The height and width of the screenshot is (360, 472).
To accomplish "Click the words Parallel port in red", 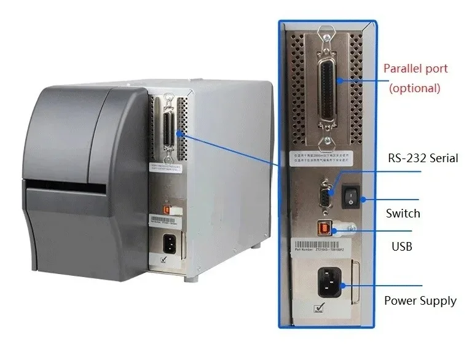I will pyautogui.click(x=415, y=68).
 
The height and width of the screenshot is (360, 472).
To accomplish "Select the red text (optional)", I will pyautogui.click(x=415, y=88).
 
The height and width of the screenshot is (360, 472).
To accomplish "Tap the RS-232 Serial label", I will pyautogui.click(x=423, y=158).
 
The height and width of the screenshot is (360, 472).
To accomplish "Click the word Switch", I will pyautogui.click(x=403, y=213).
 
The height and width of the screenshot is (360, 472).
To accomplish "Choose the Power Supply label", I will pyautogui.click(x=420, y=300).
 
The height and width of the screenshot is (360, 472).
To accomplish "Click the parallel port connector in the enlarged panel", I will pyautogui.click(x=326, y=86).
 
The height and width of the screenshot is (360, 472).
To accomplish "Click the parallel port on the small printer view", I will pyautogui.click(x=166, y=130).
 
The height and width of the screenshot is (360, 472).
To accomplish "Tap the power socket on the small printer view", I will pyautogui.click(x=167, y=243).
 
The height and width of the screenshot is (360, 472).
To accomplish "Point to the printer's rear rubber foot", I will pyautogui.click(x=191, y=278).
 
